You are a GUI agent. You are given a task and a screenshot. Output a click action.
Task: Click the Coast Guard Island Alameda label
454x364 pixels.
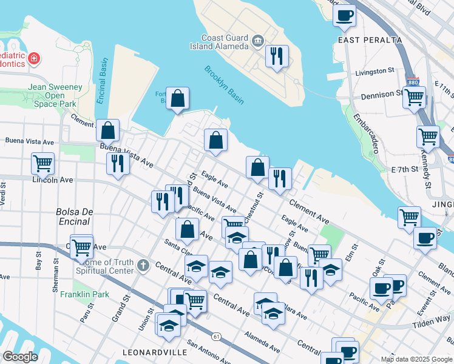click(225, 42)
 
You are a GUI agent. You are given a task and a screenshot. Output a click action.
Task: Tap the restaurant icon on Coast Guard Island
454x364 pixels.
click(277, 57)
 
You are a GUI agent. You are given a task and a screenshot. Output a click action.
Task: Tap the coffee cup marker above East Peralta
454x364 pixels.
click(345, 16)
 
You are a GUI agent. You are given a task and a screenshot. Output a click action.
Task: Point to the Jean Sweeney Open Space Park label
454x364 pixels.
click(55, 95)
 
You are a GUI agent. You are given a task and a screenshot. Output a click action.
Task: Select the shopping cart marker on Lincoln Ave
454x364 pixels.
click(42, 163)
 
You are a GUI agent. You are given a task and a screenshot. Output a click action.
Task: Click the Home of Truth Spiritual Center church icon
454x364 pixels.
click(143, 265)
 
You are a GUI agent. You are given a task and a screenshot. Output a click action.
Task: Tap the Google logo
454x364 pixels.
click(20, 357)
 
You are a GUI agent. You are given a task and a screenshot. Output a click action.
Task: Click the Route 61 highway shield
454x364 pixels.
click(216, 335)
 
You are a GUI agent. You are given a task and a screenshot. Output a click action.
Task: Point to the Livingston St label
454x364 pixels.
click(374, 72)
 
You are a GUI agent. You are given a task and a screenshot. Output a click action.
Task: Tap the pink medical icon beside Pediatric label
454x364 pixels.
click(35, 59)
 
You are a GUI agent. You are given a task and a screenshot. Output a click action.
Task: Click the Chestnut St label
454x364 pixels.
click(259, 206)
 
